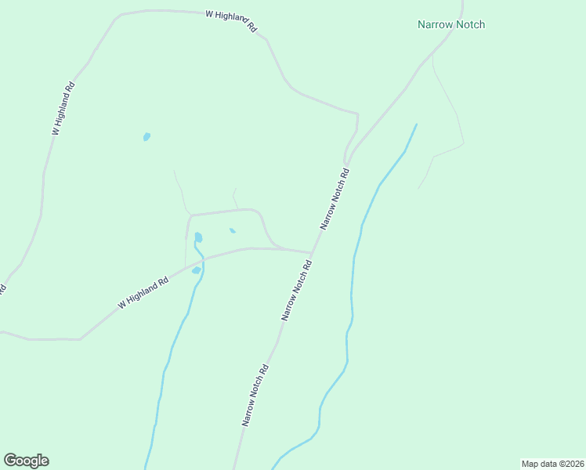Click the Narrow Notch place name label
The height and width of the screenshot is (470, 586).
pyautogui.click(x=450, y=24)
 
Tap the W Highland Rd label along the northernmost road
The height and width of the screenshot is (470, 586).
pyautogui.click(x=231, y=20)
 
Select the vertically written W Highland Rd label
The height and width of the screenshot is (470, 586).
pyautogui.click(x=63, y=109)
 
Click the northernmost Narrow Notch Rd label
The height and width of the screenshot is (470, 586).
pyautogui.click(x=334, y=197)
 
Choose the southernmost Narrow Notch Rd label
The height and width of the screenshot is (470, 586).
pyautogui.click(x=256, y=395)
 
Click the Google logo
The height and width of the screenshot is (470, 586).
pyautogui.click(x=26, y=461)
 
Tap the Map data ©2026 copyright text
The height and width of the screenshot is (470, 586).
pyautogui.click(x=552, y=464)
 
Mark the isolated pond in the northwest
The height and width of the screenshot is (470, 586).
pyautogui.click(x=146, y=137)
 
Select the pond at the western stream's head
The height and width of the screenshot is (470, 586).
pyautogui.click(x=198, y=237)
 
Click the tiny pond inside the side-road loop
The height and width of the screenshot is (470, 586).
pyautogui.click(x=232, y=230)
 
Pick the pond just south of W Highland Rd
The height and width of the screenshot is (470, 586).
pyautogui.click(x=196, y=270)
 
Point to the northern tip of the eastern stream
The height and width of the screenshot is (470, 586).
pyautogui.click(x=416, y=125)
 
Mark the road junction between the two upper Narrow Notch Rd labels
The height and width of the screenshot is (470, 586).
pyautogui.click(x=312, y=253)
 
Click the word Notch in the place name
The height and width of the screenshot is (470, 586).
pyautogui.click(x=470, y=24)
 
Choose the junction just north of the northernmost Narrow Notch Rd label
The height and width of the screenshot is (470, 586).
pyautogui.click(x=346, y=162)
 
